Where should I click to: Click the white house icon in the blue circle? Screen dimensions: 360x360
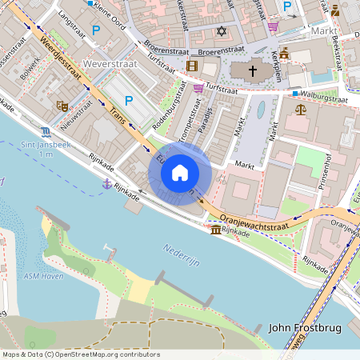pyautogui.click(x=180, y=172)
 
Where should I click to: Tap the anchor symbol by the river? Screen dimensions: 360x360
pyautogui.click(x=106, y=184)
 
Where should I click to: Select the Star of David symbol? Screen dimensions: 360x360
pyautogui.click(x=222, y=30)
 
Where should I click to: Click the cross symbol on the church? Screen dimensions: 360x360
pyautogui.click(x=253, y=71)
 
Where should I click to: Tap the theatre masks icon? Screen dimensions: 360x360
pyautogui.click(x=62, y=105)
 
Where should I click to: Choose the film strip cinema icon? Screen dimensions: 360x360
pyautogui.click(x=192, y=66)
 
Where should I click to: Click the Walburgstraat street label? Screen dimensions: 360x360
pyautogui.click(x=325, y=101)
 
